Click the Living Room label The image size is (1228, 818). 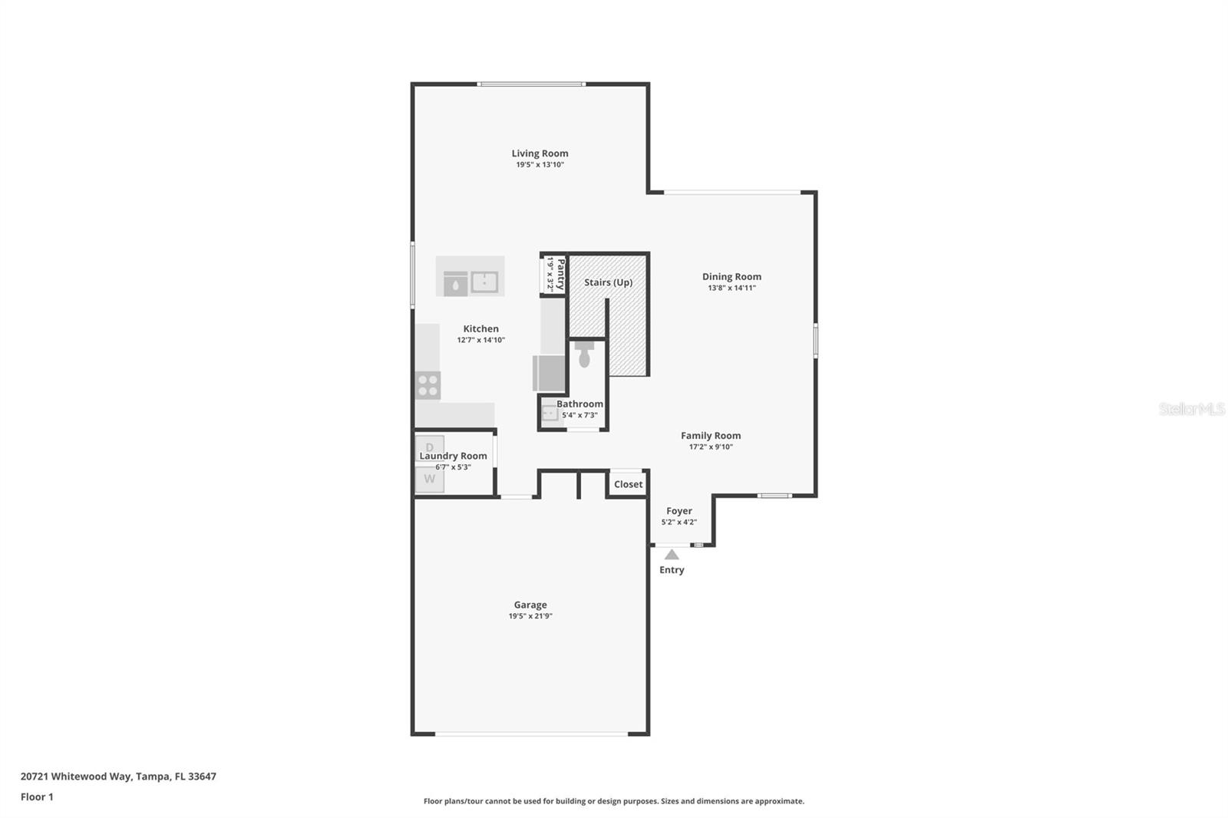pos(540,153)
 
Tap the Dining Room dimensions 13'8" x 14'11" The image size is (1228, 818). pos(731,288)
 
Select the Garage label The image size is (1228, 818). pos(530,605)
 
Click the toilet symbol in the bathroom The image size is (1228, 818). pos(584,353)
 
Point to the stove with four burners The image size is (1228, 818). pos(428,385)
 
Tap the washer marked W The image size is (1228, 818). pos(430,479)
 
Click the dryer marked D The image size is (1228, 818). pos(430,447)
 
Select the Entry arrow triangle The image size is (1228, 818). pos(672,554)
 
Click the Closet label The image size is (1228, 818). pos(628,484)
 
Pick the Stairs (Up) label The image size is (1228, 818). pos(608,282)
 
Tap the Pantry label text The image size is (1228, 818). pos(561,274)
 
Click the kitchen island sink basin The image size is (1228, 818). pos(484,282)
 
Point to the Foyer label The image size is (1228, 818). pos(678,511)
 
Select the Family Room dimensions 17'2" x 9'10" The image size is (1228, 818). pos(711,447)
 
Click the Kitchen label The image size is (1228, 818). pos(480,328)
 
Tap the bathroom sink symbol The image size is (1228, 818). pos(550,414)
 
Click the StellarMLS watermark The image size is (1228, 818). pos(1191,409)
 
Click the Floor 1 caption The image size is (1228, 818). pos(37,797)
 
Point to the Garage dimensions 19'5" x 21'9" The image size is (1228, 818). pos(530,616)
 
